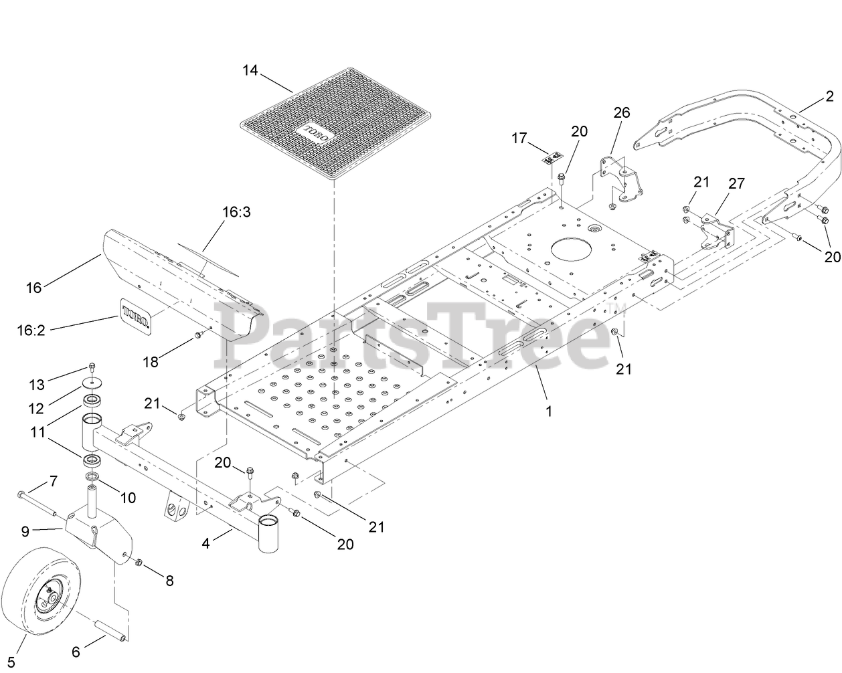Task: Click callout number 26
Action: pos(622,112)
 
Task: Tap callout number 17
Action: pos(520,138)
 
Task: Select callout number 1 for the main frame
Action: pos(549,411)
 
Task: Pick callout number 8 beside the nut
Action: pos(169,581)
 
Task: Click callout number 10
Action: pos(127,497)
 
